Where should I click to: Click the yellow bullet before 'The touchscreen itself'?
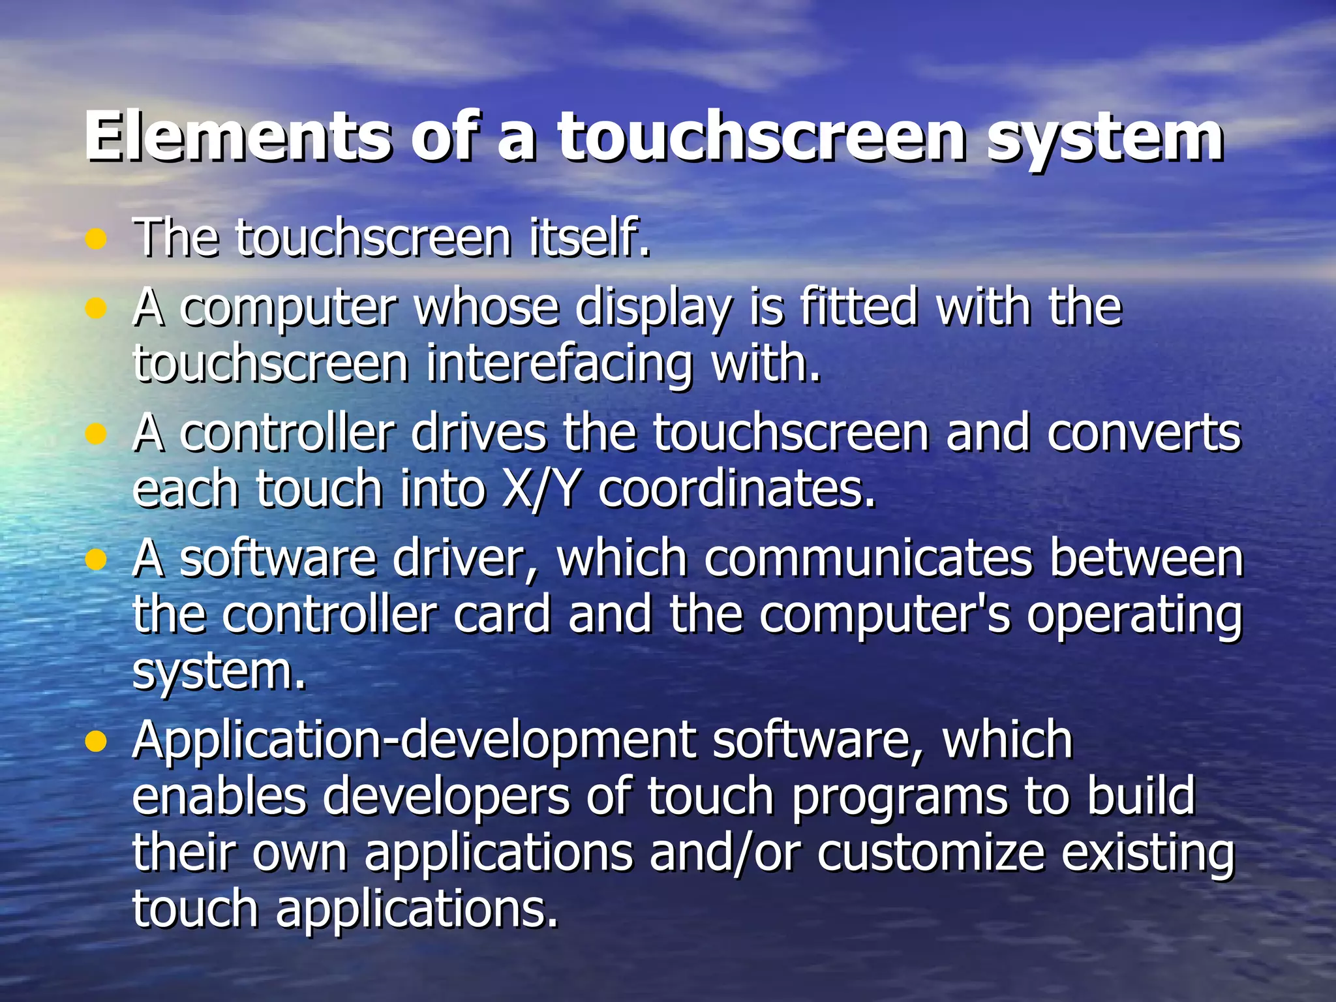[x=96, y=239]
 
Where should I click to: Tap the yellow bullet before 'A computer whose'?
[x=96, y=308]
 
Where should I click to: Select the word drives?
[x=478, y=433]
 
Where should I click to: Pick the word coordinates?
[x=736, y=489]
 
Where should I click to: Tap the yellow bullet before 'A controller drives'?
[x=96, y=434]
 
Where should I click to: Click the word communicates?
[x=868, y=559]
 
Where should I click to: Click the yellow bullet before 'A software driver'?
[x=96, y=560]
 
